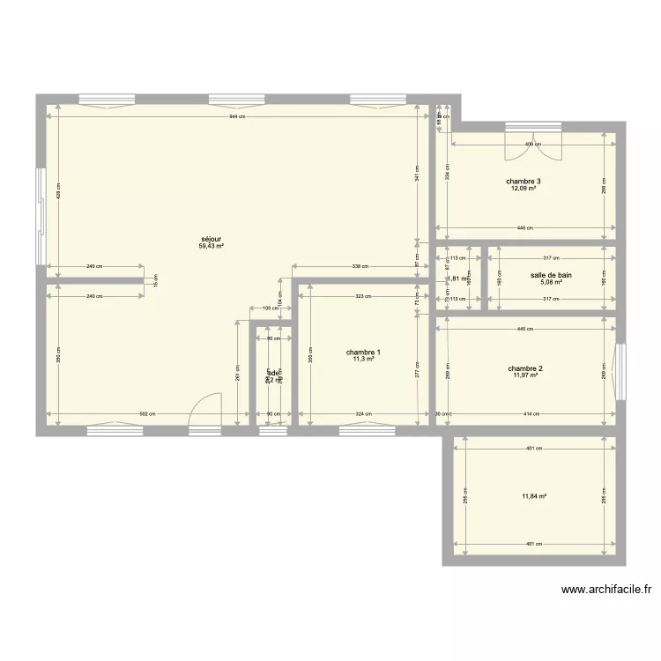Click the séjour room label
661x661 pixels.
(x=211, y=239)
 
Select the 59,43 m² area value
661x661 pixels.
(x=211, y=247)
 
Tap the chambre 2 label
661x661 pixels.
(x=525, y=368)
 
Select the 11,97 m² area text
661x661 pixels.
(x=525, y=375)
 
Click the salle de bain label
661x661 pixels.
(x=551, y=275)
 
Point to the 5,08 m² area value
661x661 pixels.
(x=551, y=283)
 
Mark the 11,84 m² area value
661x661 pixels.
(x=534, y=496)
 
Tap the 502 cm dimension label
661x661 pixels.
(x=148, y=413)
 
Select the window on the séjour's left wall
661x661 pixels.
(x=40, y=215)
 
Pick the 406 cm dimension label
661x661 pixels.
(x=532, y=144)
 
